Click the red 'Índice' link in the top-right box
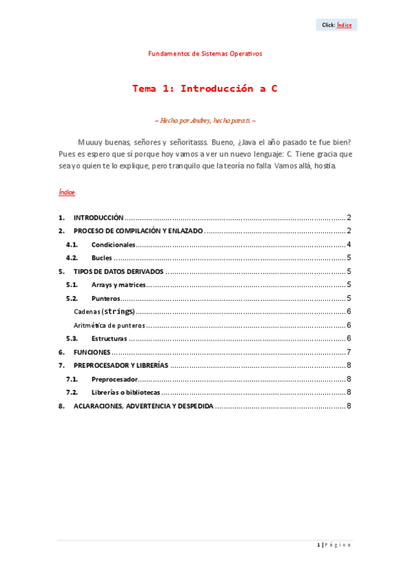click(x=344, y=25)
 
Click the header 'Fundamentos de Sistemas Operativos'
click(x=205, y=53)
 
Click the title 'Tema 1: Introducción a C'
click(x=205, y=89)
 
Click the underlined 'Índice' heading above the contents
click(x=66, y=193)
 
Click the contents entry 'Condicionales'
click(x=113, y=245)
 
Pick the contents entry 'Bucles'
click(x=101, y=258)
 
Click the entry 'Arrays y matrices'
click(x=118, y=285)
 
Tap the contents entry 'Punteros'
click(x=105, y=299)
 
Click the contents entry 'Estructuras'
click(x=109, y=338)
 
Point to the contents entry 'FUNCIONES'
click(x=92, y=352)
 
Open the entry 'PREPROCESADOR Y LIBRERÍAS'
click(x=120, y=365)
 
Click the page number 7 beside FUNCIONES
click(x=348, y=352)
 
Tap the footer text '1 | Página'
click(x=335, y=545)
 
